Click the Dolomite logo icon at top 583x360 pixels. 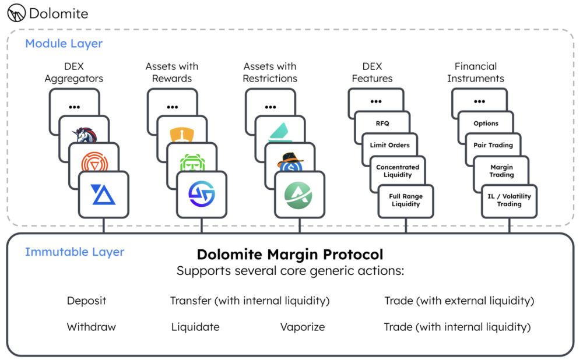16,12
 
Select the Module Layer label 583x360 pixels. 64,44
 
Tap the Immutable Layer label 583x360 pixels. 74,252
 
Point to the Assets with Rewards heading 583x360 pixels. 172,72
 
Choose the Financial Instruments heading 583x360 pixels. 476,72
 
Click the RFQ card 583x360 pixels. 382,123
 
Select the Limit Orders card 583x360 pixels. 390,145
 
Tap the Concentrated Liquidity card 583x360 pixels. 398,171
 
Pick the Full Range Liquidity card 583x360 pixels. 406,200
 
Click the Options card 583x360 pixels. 486,123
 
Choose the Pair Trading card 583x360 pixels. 493,145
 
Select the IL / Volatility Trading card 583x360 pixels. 509,200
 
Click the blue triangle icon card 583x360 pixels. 104,195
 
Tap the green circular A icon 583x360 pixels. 299,195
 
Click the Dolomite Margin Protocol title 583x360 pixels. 290,255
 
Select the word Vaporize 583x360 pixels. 303,327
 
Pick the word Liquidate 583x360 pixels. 195,327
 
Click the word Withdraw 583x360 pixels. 92,327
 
